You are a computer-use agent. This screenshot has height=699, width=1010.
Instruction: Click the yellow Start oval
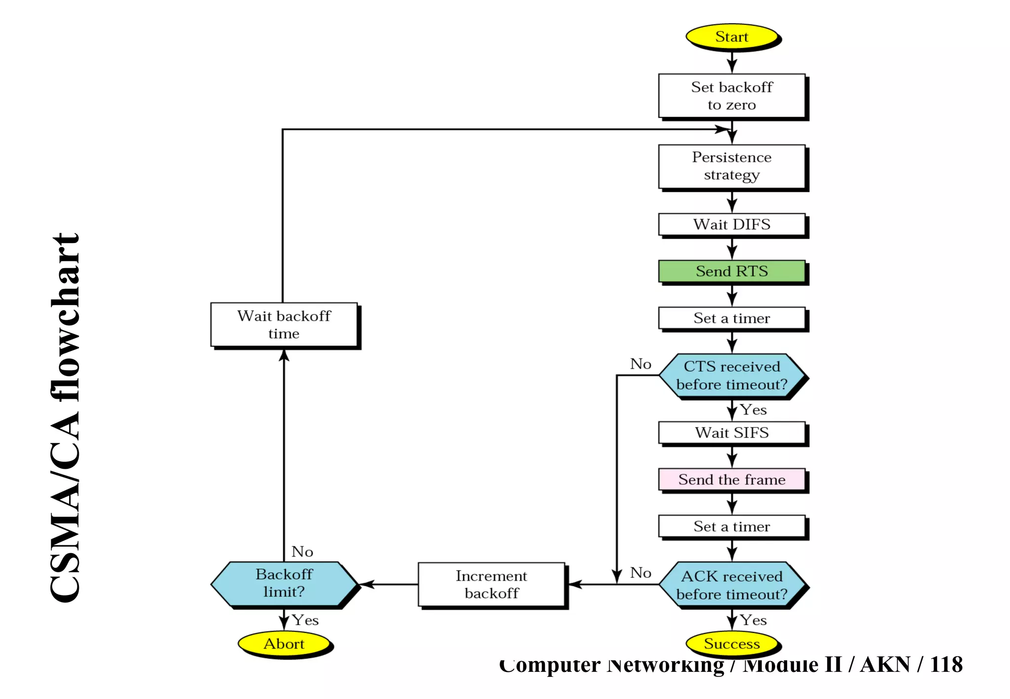pos(731,37)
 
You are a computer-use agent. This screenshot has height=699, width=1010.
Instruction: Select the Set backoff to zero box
pos(731,96)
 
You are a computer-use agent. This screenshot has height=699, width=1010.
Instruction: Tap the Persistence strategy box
pos(731,166)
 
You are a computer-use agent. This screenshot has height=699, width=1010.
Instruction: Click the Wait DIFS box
pos(731,224)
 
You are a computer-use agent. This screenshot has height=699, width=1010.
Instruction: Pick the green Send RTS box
pos(731,271)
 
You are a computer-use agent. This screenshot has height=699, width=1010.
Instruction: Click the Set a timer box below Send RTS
pos(731,318)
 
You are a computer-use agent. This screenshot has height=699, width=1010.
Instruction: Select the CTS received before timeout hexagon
pos(731,376)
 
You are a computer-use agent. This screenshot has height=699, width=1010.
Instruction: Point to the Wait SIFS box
pos(731,433)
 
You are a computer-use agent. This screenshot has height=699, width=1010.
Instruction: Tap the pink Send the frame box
pos(731,480)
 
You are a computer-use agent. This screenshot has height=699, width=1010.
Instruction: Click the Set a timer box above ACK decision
pos(731,526)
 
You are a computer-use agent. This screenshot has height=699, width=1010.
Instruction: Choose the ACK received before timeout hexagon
pos(731,585)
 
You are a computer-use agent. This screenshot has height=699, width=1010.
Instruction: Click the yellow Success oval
pos(731,644)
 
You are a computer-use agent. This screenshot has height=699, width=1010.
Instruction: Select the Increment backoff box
pos(491,585)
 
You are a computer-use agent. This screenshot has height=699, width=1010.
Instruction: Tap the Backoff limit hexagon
pos(284,583)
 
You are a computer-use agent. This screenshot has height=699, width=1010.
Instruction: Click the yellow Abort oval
pos(284,644)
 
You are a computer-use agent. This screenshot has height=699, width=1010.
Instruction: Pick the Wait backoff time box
pos(284,325)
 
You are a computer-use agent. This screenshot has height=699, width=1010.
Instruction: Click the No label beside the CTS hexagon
pos(641,364)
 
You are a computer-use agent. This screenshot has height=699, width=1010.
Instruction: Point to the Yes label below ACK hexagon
pos(753,620)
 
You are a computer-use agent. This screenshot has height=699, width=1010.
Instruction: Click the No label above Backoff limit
pos(302,552)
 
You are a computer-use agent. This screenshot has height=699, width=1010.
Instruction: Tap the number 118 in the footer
pos(946,664)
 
